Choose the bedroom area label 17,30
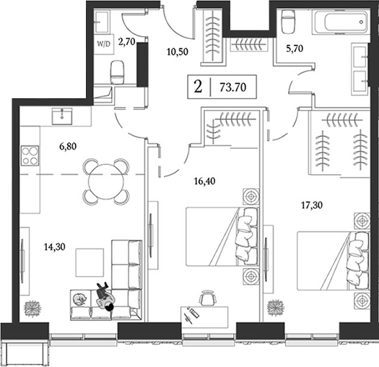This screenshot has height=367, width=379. click(x=310, y=205)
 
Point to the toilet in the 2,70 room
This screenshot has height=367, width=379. click(x=118, y=72)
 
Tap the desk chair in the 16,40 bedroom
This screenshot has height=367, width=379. click(x=207, y=298)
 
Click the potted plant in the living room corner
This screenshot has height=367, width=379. click(x=32, y=308)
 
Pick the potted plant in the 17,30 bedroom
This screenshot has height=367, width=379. click(x=274, y=308)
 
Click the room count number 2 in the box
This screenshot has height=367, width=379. click(x=198, y=87)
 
